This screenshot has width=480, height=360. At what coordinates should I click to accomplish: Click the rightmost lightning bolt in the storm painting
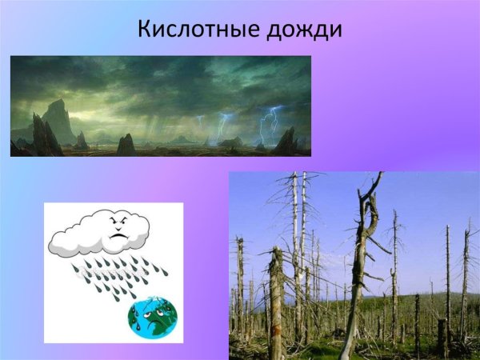click(270, 124)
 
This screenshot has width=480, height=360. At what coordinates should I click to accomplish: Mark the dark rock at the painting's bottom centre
click(126, 146)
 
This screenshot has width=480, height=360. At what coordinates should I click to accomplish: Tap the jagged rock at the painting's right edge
click(286, 141)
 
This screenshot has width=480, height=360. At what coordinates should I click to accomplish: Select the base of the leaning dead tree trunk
click(346, 348)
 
